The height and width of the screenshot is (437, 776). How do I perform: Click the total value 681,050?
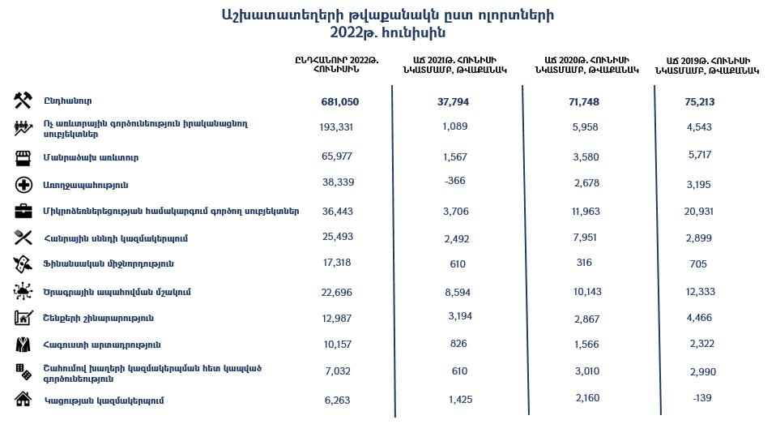click(x=339, y=101)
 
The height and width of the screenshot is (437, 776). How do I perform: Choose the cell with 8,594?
click(x=458, y=291)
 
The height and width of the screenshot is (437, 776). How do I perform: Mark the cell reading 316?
click(x=580, y=263)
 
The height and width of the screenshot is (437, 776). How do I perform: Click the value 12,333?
click(x=700, y=292)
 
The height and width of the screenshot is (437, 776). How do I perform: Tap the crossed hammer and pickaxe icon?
click(x=23, y=101)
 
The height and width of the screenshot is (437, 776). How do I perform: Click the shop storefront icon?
click(x=23, y=156)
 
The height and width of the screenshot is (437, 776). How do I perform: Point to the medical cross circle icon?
click(x=23, y=185)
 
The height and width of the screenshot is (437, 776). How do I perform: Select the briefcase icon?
click(x=23, y=211)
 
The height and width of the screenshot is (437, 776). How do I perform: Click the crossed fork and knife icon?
click(x=23, y=238)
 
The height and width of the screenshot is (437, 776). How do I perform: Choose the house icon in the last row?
click(x=23, y=399)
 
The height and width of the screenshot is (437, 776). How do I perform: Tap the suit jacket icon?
click(x=23, y=345)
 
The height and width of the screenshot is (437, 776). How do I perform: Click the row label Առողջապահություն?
click(x=85, y=185)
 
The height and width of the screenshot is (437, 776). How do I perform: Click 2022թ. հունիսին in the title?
click(x=387, y=33)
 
